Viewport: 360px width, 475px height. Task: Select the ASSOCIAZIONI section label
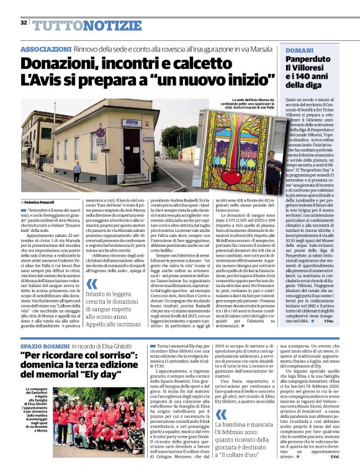click(x=45, y=49)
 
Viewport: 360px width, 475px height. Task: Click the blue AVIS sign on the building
click(x=129, y=122)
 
